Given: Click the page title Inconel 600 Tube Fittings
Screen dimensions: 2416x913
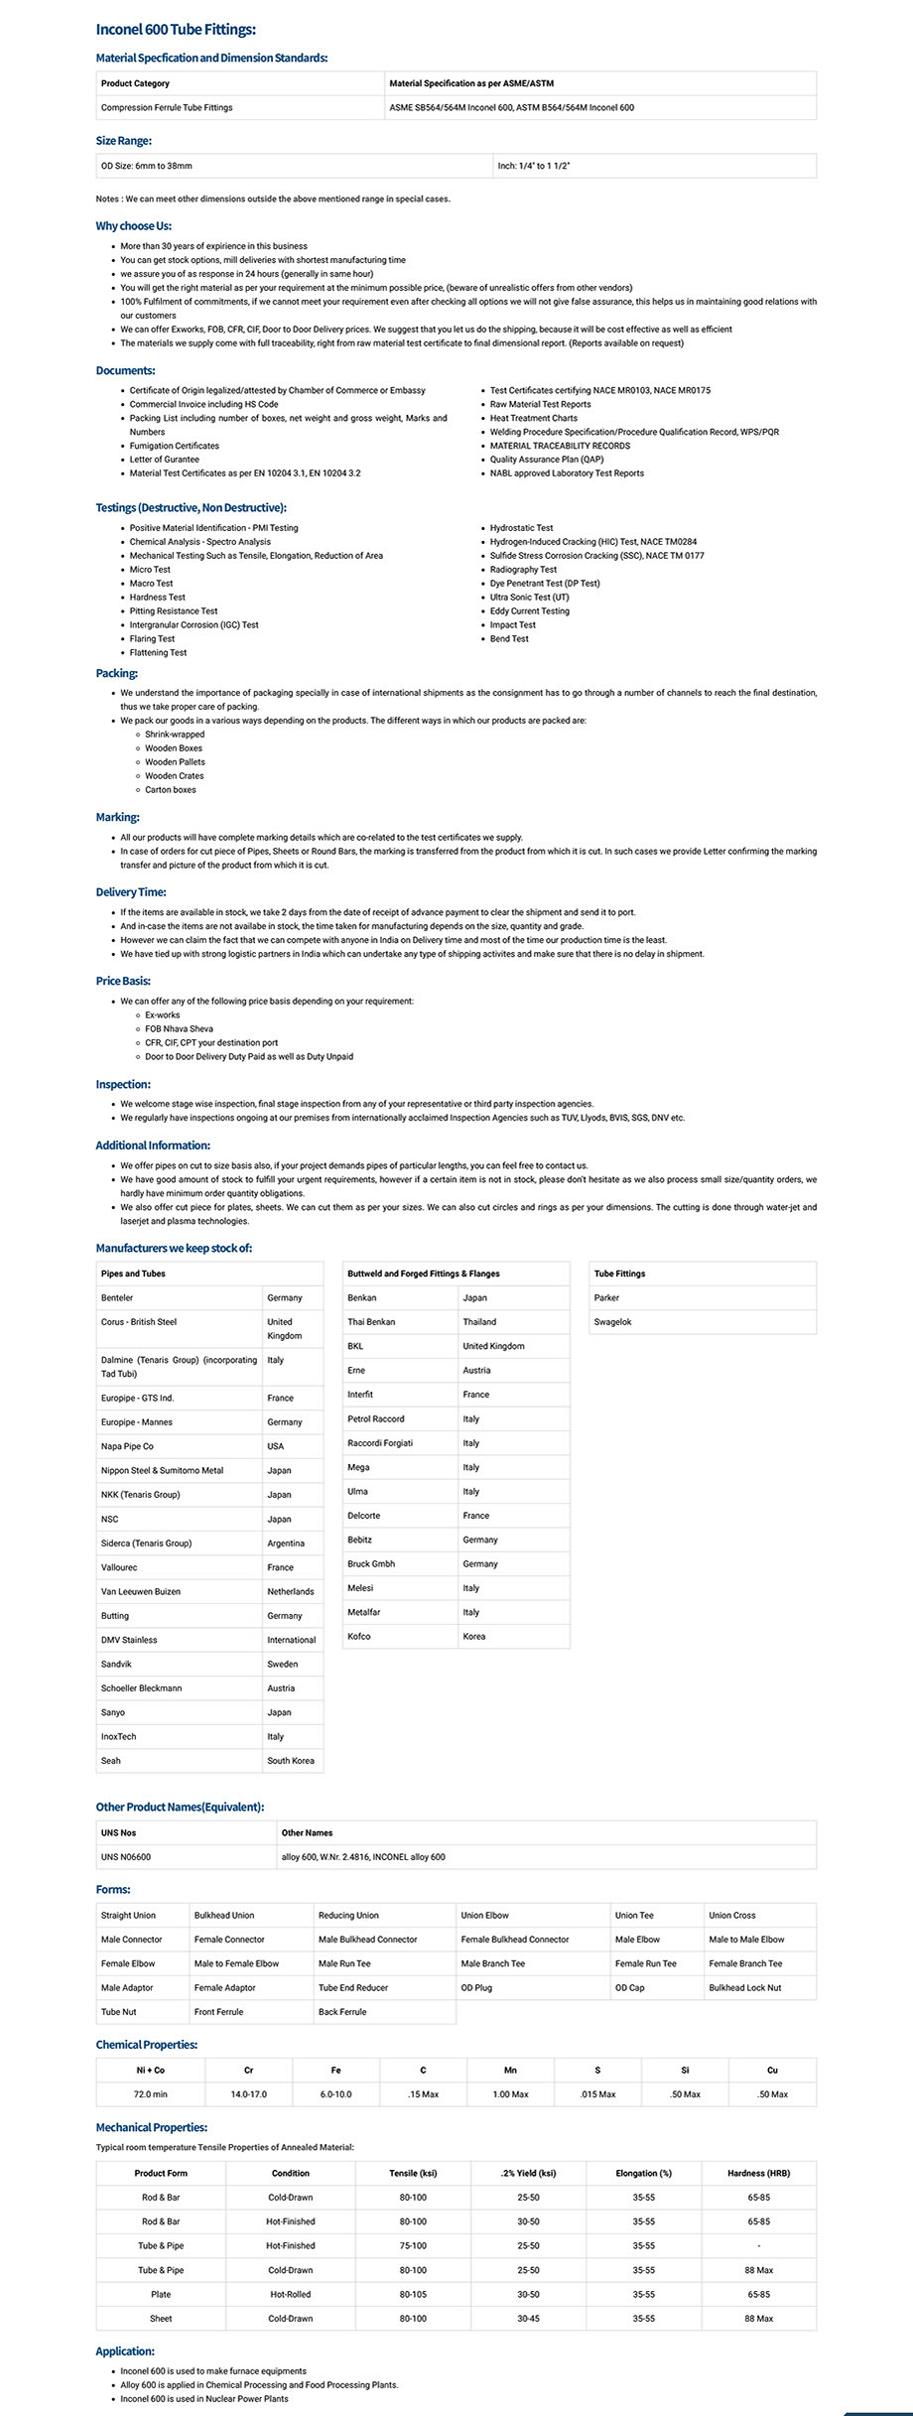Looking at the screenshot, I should pyautogui.click(x=176, y=30).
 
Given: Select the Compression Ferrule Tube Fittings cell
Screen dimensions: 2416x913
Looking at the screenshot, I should pyautogui.click(x=167, y=107).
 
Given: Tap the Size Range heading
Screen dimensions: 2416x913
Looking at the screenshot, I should pyautogui.click(x=123, y=141).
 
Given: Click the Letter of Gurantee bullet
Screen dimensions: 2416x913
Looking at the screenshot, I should pyautogui.click(x=165, y=460).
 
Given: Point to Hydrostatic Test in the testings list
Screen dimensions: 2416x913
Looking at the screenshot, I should pyautogui.click(x=521, y=528).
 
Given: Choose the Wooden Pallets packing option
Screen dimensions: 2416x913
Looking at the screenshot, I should pyautogui.click(x=175, y=762).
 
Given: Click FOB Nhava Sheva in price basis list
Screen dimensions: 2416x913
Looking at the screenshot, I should pyautogui.click(x=179, y=1029).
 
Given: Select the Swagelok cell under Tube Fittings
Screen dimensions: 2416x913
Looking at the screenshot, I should pyautogui.click(x=612, y=1322).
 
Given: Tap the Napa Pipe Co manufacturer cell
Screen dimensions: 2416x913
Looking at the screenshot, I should pyautogui.click(x=127, y=1446).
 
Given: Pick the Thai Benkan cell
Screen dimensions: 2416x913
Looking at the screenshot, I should pyautogui.click(x=371, y=1322).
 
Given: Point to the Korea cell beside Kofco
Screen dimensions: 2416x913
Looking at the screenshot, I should pyautogui.click(x=474, y=1636).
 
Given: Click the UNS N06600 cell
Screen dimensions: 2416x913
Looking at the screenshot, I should pyautogui.click(x=126, y=1857).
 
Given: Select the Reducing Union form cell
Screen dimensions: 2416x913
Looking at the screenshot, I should pyautogui.click(x=348, y=1915).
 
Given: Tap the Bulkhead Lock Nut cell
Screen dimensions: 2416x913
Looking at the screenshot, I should pyautogui.click(x=744, y=1987).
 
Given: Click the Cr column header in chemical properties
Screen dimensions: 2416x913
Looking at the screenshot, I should pyautogui.click(x=248, y=2070).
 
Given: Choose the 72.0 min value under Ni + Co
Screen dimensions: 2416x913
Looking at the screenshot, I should pyautogui.click(x=151, y=2093).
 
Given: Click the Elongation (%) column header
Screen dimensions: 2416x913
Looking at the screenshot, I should pyautogui.click(x=643, y=2173).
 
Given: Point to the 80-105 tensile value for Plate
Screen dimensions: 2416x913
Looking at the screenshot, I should pyautogui.click(x=413, y=2294).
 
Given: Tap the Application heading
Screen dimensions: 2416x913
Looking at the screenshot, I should pyautogui.click(x=125, y=2350).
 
